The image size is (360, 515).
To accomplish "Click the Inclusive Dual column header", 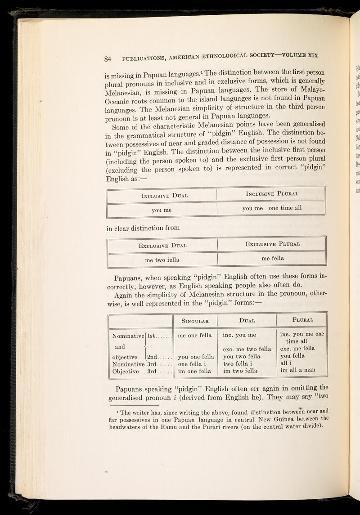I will pyautogui.click(x=163, y=183).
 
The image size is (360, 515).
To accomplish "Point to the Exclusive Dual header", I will pyautogui.click(x=163, y=245).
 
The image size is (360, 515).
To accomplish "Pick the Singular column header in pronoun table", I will pyautogui.click(x=195, y=320).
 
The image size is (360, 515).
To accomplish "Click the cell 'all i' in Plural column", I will pyautogui.click(x=286, y=363).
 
